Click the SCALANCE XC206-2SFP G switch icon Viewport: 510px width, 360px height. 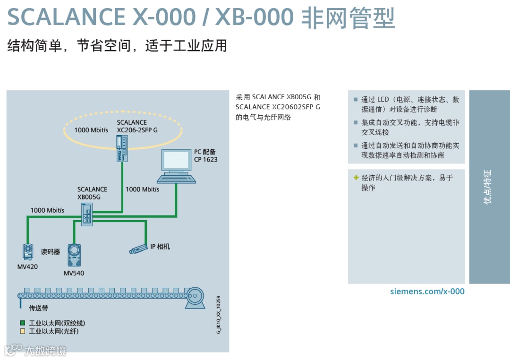121,148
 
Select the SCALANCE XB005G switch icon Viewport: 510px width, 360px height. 87,214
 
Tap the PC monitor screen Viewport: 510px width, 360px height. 176,161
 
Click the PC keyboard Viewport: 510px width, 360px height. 176,179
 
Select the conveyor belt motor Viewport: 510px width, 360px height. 195,297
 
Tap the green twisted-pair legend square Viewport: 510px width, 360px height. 22,323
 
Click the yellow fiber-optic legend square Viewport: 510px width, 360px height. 22,332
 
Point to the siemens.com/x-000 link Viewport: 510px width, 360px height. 427,291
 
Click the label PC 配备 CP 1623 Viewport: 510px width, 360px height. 205,155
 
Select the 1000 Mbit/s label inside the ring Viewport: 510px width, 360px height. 91,129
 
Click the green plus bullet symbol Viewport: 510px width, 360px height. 356,178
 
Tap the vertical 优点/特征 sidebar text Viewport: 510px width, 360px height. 488,187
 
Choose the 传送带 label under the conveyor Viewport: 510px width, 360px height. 38,309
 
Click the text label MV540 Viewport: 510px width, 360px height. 74,273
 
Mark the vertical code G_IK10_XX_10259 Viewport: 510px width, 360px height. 218,315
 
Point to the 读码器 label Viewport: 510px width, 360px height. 50,252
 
